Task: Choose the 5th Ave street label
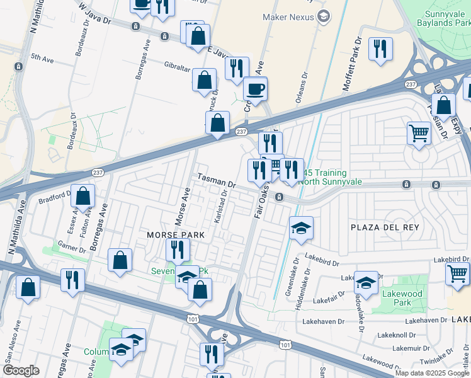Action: pyautogui.click(x=43, y=58)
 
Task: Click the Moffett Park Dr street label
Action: pyautogui.click(x=353, y=65)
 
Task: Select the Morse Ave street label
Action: pyautogui.click(x=182, y=209)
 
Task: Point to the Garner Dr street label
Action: pyautogui.click(x=71, y=247)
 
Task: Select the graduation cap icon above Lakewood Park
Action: pyautogui.click(x=366, y=283)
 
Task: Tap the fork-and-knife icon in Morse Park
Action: pyautogui.click(x=178, y=250)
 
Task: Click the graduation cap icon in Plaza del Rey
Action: pyautogui.click(x=301, y=228)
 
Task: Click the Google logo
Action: pyautogui.click(x=21, y=370)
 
